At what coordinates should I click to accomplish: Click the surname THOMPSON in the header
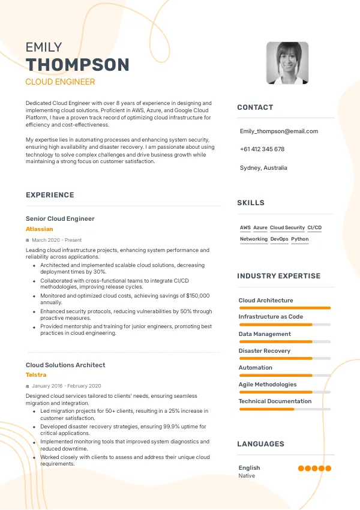77,65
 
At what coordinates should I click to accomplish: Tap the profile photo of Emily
287,63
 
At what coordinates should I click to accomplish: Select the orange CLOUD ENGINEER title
60,82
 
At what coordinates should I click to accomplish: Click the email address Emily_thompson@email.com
278,131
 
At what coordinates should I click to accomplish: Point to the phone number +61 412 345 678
262,149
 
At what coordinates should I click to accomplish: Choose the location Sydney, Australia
263,168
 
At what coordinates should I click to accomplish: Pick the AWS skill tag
245,228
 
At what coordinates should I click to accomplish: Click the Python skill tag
299,239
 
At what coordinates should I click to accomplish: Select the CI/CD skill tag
314,228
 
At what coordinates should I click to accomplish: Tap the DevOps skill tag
279,239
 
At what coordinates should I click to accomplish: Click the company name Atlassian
40,229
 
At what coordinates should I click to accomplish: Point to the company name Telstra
36,375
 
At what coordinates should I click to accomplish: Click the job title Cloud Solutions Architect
65,365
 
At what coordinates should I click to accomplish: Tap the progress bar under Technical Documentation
284,409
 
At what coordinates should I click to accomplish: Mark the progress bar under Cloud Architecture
284,308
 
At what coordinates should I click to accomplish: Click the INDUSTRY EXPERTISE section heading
278,276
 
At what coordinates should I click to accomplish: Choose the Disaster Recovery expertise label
264,351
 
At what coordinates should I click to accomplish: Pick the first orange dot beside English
301,469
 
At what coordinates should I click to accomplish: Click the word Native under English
247,476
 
